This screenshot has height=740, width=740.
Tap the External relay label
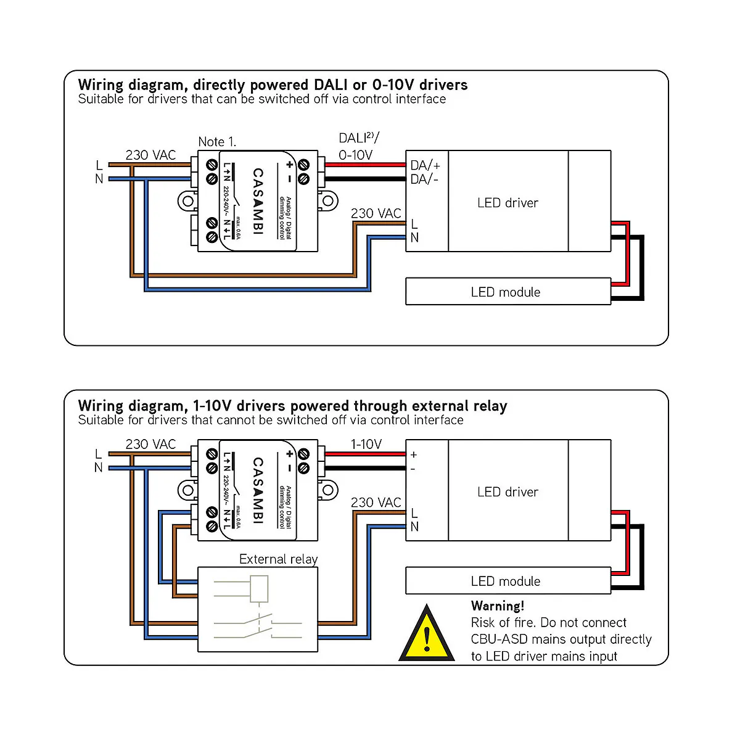click(278, 559)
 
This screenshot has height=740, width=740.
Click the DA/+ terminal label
click(425, 165)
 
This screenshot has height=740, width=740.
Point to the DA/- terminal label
click(425, 179)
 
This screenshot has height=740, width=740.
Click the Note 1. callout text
click(217, 142)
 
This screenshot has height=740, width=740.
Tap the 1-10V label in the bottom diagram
click(366, 444)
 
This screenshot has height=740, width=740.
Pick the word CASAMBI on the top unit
click(258, 202)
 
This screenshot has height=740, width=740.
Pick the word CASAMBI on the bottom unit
click(258, 490)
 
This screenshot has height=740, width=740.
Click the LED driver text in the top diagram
click(508, 203)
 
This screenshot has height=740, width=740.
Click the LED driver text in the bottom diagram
click(508, 492)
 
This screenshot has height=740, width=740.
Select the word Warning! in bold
click(498, 606)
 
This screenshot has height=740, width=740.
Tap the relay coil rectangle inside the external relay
click(259, 589)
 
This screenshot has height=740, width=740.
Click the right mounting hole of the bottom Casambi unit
click(329, 490)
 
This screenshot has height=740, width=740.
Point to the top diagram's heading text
click(273, 85)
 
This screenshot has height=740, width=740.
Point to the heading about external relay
click(292, 406)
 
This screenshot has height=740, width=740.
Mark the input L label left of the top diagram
click(99, 165)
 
